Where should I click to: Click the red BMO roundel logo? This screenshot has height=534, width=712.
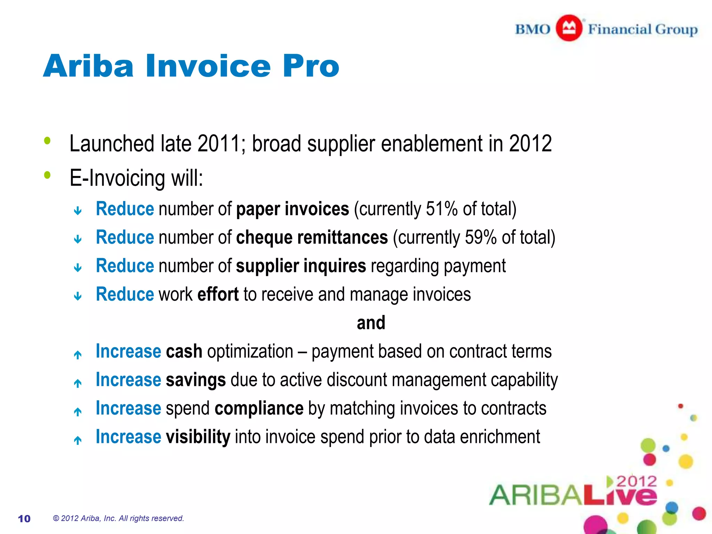coord(569,28)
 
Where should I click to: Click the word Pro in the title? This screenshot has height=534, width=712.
coord(310,66)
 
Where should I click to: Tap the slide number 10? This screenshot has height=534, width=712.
coord(24,519)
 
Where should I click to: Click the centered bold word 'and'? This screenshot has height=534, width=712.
coord(371,323)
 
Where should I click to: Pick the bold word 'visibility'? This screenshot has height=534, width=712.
coord(198,437)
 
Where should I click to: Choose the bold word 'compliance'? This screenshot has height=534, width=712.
coord(259,408)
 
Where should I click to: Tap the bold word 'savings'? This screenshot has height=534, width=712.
coord(196,380)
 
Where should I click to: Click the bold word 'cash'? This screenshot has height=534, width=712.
coord(184,351)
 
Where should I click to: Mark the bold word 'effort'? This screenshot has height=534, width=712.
coord(218,294)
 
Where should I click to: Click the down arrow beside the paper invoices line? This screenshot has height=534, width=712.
coord(78,211)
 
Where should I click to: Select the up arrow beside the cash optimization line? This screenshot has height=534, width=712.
coord(78,355)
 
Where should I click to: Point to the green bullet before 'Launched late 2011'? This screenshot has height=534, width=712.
coord(48,141)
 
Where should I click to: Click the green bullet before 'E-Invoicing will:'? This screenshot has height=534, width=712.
coord(48,175)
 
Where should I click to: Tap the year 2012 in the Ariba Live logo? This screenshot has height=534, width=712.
coord(637,482)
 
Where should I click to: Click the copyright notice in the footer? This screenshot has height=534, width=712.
coord(118,518)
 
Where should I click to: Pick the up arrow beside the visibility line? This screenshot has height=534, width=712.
coord(78,440)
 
